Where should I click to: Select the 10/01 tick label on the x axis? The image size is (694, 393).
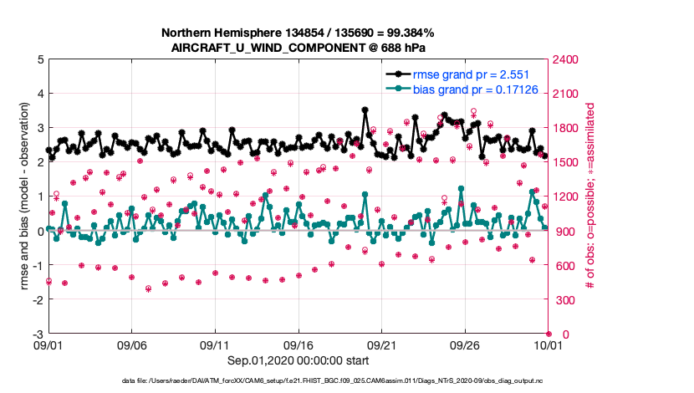[x=549, y=344]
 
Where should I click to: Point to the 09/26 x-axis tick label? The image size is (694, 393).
[x=465, y=344]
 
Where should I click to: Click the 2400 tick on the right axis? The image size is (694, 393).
[x=567, y=59]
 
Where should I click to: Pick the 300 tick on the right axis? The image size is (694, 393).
[x=564, y=299]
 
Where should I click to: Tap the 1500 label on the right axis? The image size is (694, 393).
[x=567, y=162]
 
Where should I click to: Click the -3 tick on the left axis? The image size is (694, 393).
[x=37, y=334]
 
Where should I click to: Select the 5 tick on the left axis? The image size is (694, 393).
[x=39, y=59]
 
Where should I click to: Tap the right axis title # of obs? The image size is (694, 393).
[x=591, y=196]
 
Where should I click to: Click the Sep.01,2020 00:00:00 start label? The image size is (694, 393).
[x=298, y=362]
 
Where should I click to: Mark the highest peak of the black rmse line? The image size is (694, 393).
[x=365, y=110]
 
